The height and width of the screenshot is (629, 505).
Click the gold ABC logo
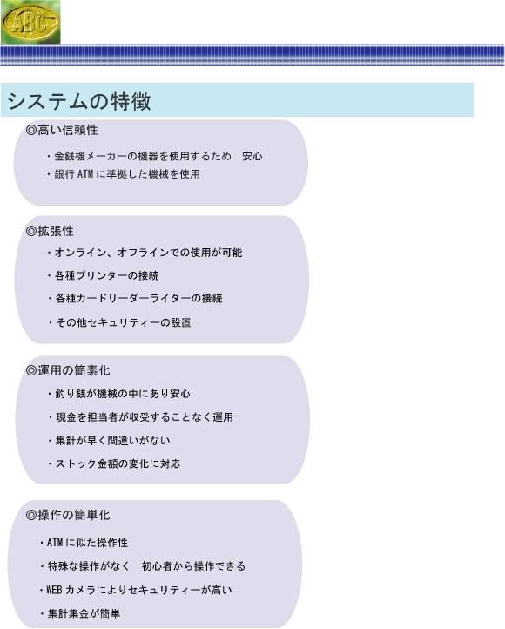coord(30,22)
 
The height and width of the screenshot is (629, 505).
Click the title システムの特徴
coord(79,101)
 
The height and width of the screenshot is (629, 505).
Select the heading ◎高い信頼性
coord(62,130)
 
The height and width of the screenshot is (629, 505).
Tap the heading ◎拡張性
coord(50,231)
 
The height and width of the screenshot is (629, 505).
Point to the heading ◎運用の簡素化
coord(68,370)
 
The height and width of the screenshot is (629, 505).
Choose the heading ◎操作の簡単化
coord(68,515)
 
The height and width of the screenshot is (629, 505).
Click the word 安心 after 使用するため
coord(252,156)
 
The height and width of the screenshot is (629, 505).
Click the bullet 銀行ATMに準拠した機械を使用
coord(123,174)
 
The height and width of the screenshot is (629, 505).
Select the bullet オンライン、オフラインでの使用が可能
coord(145,253)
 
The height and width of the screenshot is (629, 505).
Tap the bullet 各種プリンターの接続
coord(103,275)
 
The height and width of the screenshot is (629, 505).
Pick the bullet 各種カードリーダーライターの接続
coord(135,298)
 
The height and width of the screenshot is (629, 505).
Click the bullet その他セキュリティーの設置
coord(119,322)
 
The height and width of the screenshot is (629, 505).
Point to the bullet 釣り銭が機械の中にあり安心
coord(118,394)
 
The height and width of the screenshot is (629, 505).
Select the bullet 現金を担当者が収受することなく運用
coord(140,417)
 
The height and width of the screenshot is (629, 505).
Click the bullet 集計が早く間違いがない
coord(109,441)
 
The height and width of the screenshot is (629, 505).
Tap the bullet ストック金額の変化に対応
coord(114,463)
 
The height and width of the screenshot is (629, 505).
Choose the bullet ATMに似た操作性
coord(84,543)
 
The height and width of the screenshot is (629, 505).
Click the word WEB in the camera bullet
coord(55,590)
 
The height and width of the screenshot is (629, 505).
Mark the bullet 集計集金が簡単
coord(80,613)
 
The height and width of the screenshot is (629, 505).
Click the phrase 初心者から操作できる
coord(193,566)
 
